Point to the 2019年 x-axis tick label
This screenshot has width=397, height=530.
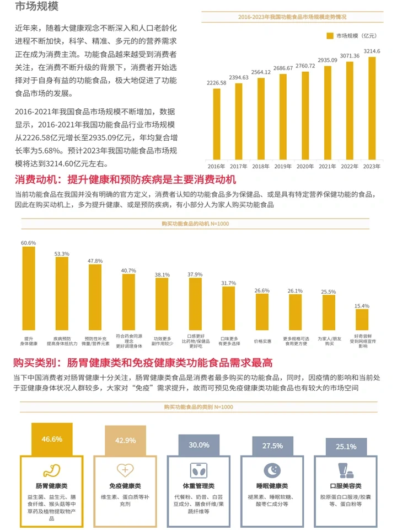(283, 166)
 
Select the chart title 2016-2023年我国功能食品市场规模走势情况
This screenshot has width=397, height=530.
(292, 18)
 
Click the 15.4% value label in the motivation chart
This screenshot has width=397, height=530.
(362, 305)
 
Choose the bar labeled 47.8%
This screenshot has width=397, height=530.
(95, 297)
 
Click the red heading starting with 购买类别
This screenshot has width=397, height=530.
(143, 363)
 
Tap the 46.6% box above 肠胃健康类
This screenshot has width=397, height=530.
(52, 439)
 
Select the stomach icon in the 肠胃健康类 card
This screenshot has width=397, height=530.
(51, 470)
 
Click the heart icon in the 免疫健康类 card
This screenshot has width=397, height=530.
(125, 470)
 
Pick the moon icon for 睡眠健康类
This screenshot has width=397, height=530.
(272, 470)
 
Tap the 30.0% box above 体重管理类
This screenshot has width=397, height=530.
(199, 445)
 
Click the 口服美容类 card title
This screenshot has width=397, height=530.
(345, 486)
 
